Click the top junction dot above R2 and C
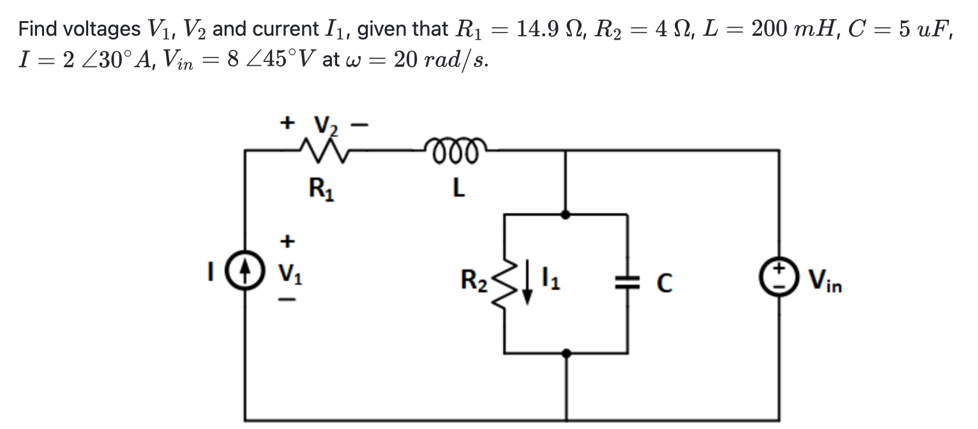coord(566,214)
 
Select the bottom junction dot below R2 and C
coord(566,352)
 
